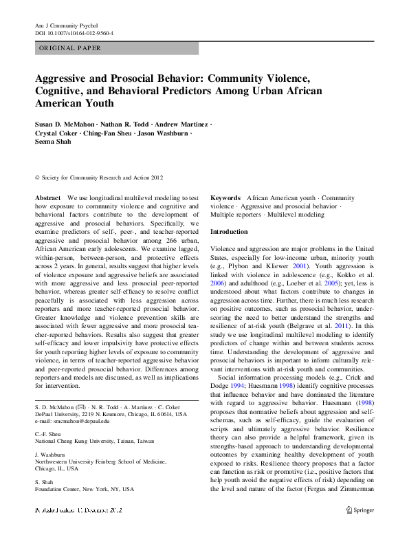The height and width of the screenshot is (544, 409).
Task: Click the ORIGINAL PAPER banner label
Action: (x=70, y=48)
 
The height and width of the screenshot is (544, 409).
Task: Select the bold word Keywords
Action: (x=225, y=197)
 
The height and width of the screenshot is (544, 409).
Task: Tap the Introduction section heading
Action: (x=229, y=232)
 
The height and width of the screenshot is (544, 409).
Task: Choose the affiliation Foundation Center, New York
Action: (x=84, y=489)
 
